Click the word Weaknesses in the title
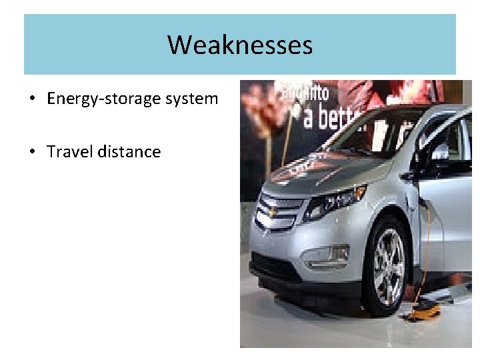(240, 45)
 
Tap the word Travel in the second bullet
(70, 152)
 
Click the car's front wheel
(387, 263)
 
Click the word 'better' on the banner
(333, 117)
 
